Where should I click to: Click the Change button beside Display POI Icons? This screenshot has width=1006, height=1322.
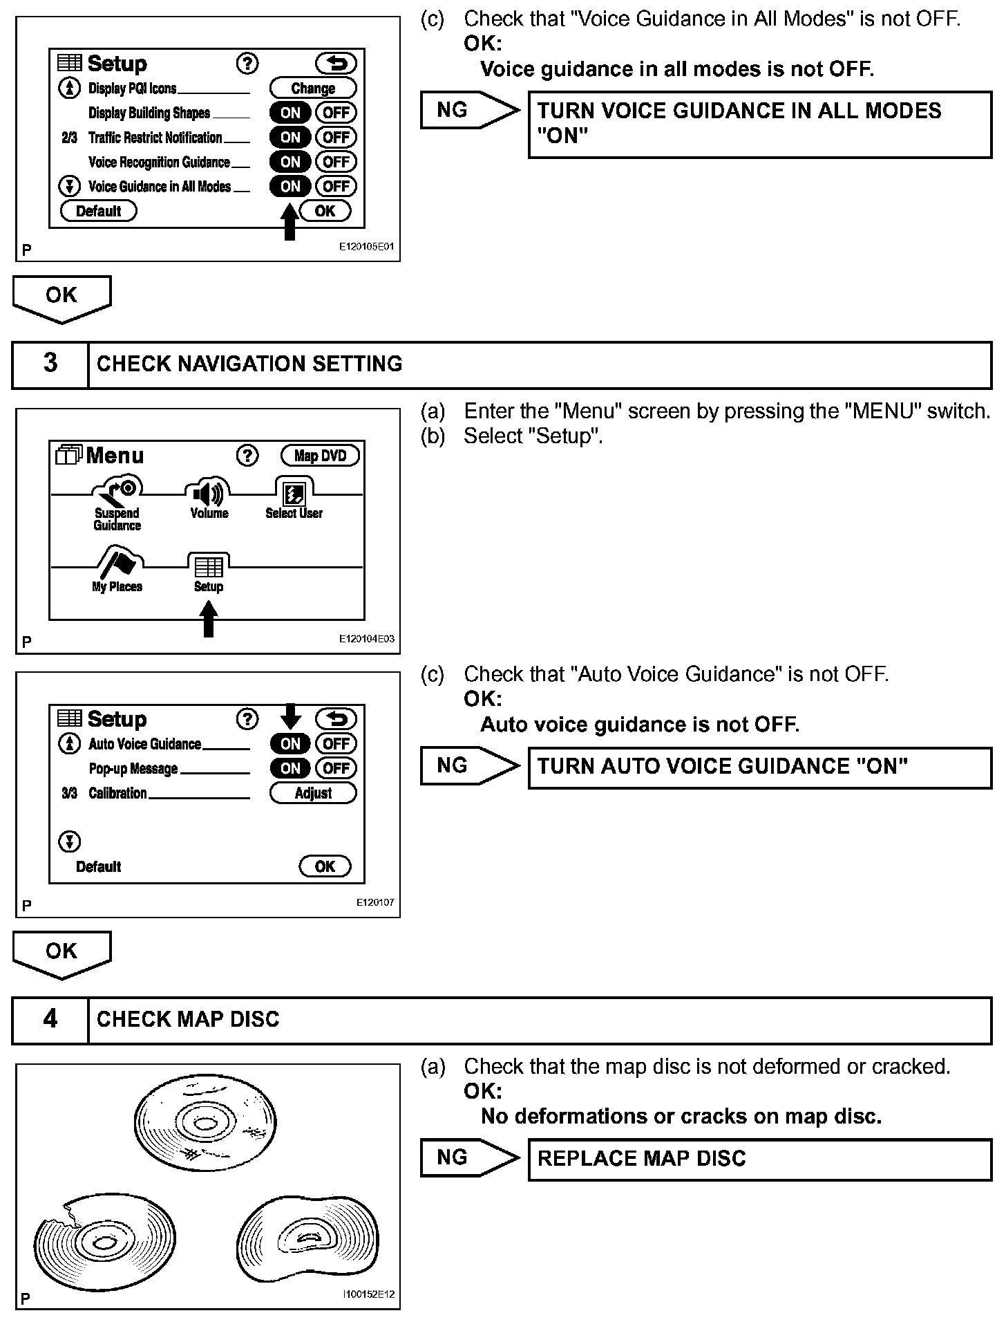coord(312,88)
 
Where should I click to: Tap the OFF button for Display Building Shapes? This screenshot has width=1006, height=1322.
coord(336,113)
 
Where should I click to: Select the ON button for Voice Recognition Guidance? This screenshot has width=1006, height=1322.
coord(290,162)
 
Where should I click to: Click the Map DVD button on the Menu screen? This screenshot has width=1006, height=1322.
coord(320,455)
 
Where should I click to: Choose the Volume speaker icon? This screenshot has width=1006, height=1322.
coord(208,494)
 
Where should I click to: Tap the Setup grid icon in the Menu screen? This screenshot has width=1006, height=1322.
coord(209,567)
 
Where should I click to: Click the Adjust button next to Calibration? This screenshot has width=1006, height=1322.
coord(312,793)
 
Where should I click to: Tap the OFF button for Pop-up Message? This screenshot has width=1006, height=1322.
coord(336,768)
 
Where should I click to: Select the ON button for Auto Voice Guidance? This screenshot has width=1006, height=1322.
coord(290,744)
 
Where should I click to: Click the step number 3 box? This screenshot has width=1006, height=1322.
coord(50,364)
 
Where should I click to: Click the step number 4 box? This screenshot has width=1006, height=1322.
coord(50,1019)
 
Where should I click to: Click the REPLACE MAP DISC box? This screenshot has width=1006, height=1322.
coord(759,1159)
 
